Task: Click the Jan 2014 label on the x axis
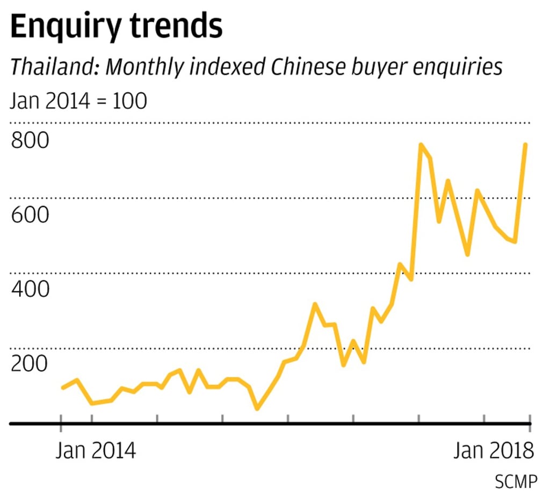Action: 96,450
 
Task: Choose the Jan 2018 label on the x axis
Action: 493,450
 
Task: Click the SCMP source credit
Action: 516,482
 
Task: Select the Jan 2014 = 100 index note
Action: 78,101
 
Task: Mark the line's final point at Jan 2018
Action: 525,145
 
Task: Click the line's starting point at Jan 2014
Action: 63,388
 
